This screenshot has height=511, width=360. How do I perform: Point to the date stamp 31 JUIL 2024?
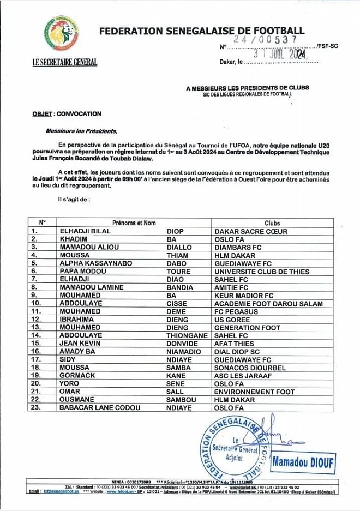click(279, 54)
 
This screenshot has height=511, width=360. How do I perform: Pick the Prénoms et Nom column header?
click(134, 223)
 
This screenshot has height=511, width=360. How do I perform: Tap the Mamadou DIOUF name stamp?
click(303, 464)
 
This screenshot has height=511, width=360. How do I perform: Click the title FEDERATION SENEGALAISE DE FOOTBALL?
click(202, 31)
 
